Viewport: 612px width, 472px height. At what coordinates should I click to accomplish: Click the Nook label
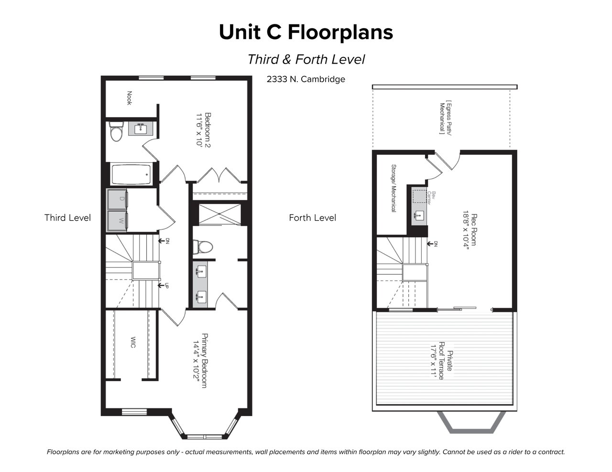(x=129, y=98)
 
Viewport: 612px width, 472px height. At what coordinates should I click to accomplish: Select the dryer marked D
(x=117, y=199)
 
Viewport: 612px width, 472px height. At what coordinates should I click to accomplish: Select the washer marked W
(x=117, y=221)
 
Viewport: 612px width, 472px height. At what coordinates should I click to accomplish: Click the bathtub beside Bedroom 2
(x=131, y=174)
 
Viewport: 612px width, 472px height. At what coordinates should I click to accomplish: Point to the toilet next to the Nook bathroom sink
(x=116, y=131)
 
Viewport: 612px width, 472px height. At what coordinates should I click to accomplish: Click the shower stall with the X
(x=219, y=215)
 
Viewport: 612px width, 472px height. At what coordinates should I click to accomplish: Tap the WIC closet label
(x=133, y=342)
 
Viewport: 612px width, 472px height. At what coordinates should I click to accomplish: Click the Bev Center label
(x=431, y=198)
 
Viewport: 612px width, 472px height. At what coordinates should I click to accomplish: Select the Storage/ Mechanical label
(x=393, y=188)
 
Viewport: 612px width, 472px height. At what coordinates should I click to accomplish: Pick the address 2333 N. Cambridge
(x=306, y=79)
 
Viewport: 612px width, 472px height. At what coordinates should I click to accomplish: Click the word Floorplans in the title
(x=340, y=32)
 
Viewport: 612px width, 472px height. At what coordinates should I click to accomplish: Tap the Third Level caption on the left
(x=67, y=218)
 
